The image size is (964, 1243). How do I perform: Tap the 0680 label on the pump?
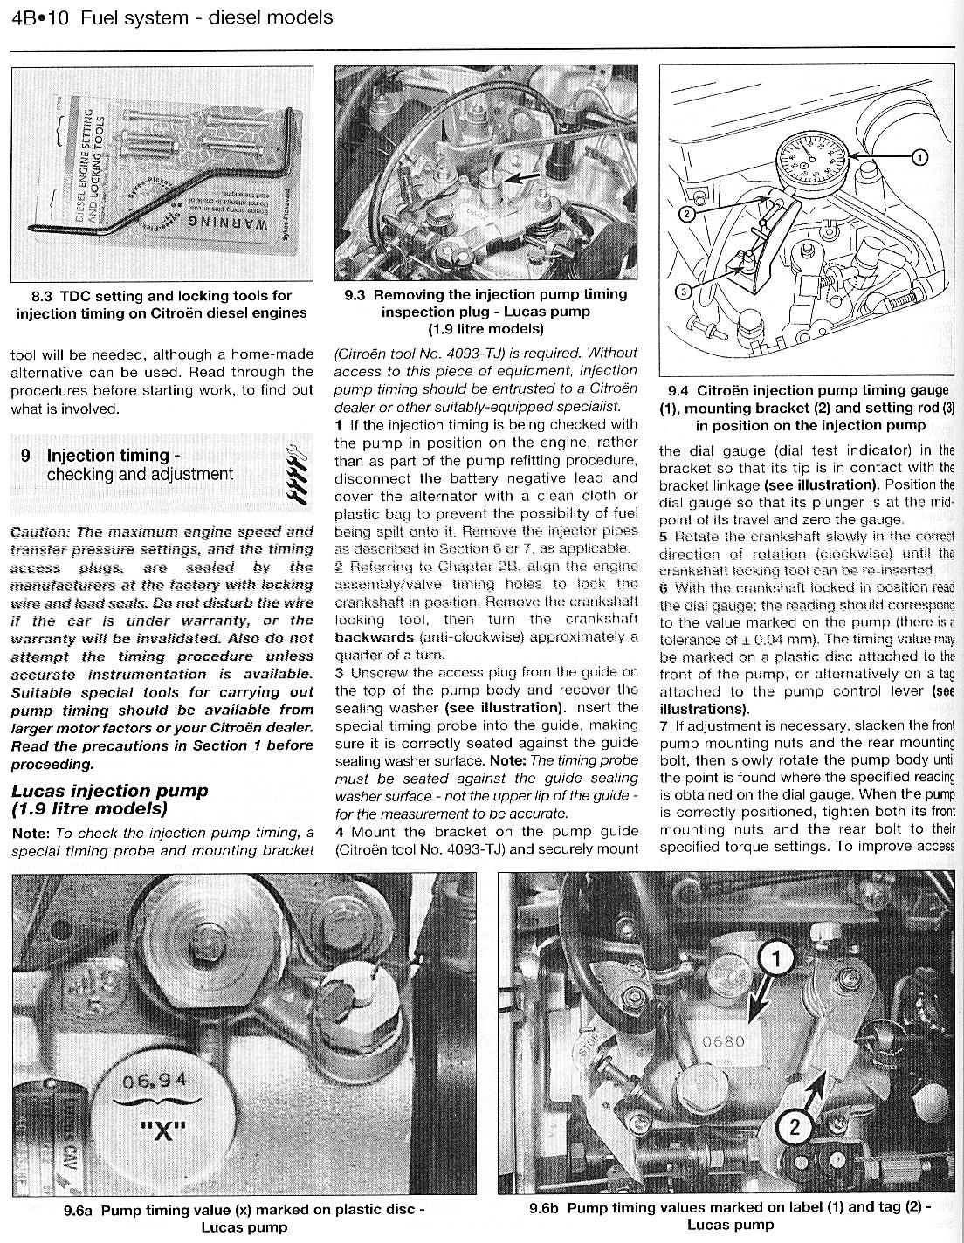724,1041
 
